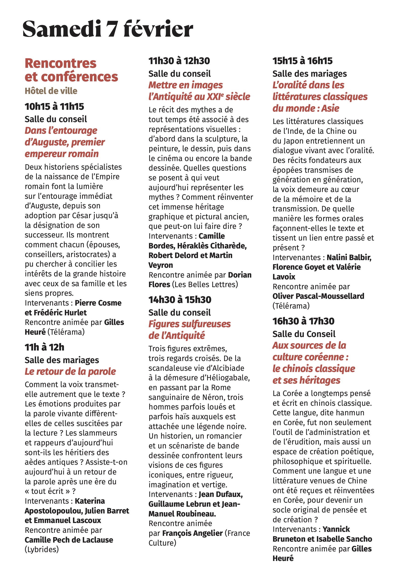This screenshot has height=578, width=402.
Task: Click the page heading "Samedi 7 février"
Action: point(107,29)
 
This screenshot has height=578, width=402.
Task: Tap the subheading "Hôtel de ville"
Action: point(51,91)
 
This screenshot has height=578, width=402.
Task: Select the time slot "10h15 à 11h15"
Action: point(54,107)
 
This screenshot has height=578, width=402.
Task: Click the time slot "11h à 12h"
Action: point(44,347)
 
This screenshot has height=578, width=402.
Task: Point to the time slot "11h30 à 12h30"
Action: point(179,61)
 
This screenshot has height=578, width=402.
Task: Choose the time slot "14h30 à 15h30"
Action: point(180,299)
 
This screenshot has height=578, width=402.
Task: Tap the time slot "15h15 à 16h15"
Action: point(302,61)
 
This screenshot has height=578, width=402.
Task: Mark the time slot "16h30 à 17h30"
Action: point(303,321)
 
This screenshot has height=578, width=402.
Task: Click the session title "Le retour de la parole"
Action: point(70,371)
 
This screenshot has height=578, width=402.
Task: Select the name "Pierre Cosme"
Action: point(98,303)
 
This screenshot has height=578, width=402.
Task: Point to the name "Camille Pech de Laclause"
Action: point(69,540)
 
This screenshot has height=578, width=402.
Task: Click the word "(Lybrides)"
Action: point(42,549)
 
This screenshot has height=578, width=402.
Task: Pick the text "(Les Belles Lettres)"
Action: point(205,285)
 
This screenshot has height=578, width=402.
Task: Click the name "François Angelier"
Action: point(192,533)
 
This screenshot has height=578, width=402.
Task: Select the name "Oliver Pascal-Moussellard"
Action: point(318,296)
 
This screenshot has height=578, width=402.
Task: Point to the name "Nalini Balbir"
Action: point(349,257)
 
